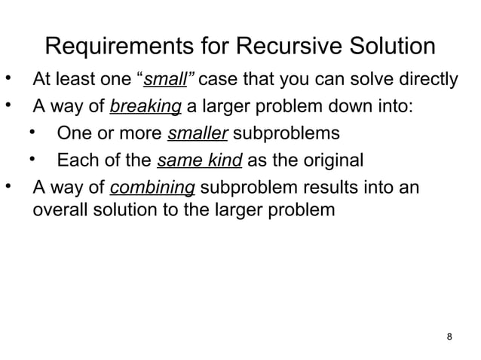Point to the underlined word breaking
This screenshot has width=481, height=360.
click(x=145, y=107)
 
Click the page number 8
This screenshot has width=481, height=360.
click(x=450, y=336)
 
